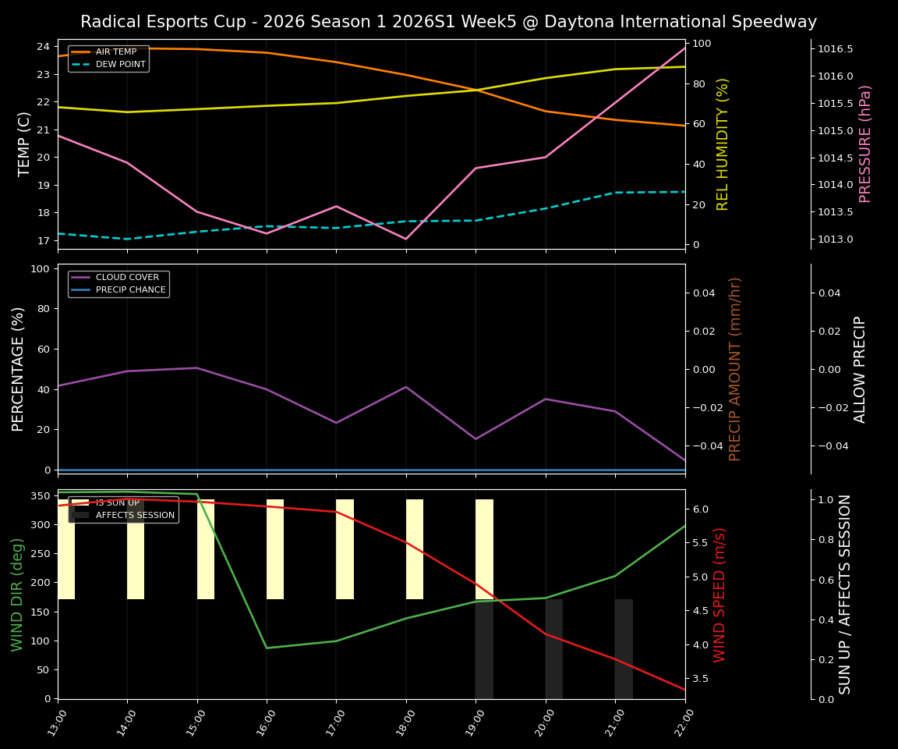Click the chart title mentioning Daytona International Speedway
click(448, 22)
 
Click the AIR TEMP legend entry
click(115, 52)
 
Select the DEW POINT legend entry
click(120, 65)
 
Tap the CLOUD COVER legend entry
click(127, 278)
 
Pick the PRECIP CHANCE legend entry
click(130, 290)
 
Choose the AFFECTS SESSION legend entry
click(135, 515)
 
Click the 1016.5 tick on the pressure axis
click(835, 49)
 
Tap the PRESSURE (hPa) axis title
click(865, 144)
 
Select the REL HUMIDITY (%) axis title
click(723, 144)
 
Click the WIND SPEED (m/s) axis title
click(719, 595)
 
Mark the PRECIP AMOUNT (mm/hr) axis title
click(735, 368)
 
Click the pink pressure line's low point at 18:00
click(405, 239)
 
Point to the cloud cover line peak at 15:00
click(196, 367)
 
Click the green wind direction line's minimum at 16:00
click(267, 648)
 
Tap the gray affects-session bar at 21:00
click(624, 648)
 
